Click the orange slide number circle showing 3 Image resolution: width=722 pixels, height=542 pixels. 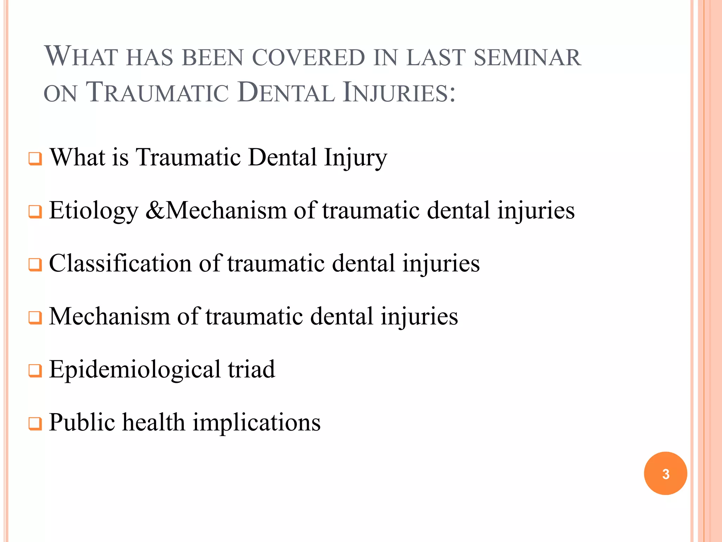pos(665,473)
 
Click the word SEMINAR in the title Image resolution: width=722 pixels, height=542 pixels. pos(527,58)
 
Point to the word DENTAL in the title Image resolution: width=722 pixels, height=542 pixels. pos(286,93)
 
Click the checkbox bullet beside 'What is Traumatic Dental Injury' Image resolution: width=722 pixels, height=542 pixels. pos(35,159)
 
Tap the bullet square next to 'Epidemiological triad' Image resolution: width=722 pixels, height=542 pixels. pos(35,371)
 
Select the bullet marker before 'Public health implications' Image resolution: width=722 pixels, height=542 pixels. pos(35,424)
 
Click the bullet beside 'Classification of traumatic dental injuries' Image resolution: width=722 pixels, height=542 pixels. pos(35,265)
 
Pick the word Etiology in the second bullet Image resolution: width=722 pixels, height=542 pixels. pos(93,211)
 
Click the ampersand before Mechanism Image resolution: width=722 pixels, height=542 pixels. pos(154,211)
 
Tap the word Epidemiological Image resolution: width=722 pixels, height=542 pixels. pos(134,370)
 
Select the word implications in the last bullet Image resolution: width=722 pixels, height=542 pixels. pos(257,423)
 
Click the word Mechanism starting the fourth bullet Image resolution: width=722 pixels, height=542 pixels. pos(109,316)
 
